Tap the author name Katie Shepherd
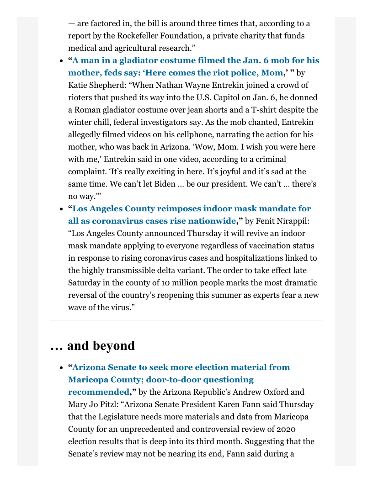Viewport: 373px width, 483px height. tap(94, 85)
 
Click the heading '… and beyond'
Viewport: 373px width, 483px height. tap(92, 346)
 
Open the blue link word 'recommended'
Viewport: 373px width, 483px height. tap(98, 392)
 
